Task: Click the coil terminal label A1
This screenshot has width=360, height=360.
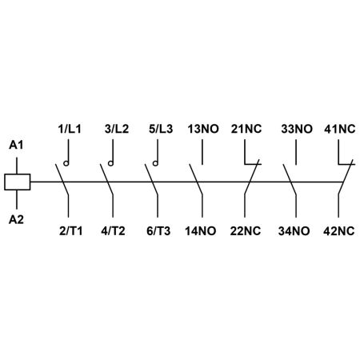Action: pyautogui.click(x=16, y=145)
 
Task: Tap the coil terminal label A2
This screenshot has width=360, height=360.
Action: pyautogui.click(x=16, y=219)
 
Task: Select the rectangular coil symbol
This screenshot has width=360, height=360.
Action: pyautogui.click(x=18, y=182)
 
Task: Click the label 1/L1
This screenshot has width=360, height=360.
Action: pyautogui.click(x=70, y=129)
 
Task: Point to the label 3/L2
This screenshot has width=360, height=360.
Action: pyautogui.click(x=117, y=129)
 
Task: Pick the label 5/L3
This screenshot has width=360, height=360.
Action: pyautogui.click(x=161, y=129)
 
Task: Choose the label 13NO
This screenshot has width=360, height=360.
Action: pyautogui.click(x=203, y=129)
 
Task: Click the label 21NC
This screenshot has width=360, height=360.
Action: pyautogui.click(x=246, y=129)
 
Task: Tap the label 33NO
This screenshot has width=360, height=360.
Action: pyautogui.click(x=297, y=129)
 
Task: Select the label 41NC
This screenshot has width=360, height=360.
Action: pyautogui.click(x=340, y=129)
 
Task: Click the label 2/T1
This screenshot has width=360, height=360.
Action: pyautogui.click(x=71, y=231)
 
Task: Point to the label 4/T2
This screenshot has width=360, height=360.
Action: pyautogui.click(x=113, y=231)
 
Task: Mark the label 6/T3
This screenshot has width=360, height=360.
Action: pyautogui.click(x=158, y=231)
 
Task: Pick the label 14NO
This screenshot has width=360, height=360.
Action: pyautogui.click(x=201, y=231)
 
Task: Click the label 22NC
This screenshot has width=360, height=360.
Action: pyautogui.click(x=246, y=231)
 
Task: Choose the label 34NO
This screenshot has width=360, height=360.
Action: pyautogui.click(x=294, y=231)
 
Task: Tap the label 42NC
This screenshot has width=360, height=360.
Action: pyautogui.click(x=338, y=231)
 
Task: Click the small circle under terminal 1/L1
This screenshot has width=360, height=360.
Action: pyautogui.click(x=66, y=163)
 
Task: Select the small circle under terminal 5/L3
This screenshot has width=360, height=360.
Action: pyautogui.click(x=155, y=163)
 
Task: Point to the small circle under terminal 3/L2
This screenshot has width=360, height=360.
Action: pyautogui.click(x=110, y=163)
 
